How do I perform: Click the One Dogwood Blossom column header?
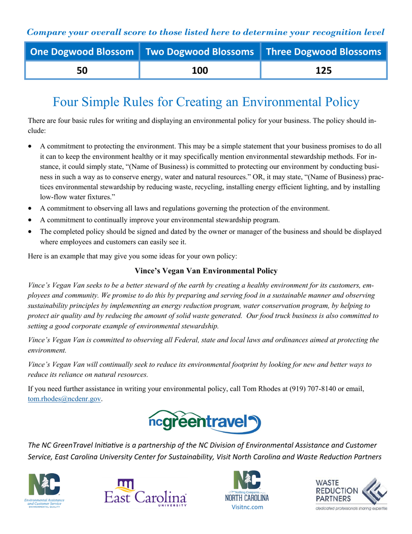click(82, 52)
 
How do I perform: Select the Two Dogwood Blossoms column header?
click(199, 52)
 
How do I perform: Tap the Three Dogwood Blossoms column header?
click(323, 52)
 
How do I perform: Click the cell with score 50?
click(82, 70)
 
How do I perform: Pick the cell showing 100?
click(199, 70)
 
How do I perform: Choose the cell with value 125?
click(323, 70)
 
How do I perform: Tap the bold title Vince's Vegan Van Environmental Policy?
click(206, 271)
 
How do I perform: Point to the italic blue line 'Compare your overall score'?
click(206, 32)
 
